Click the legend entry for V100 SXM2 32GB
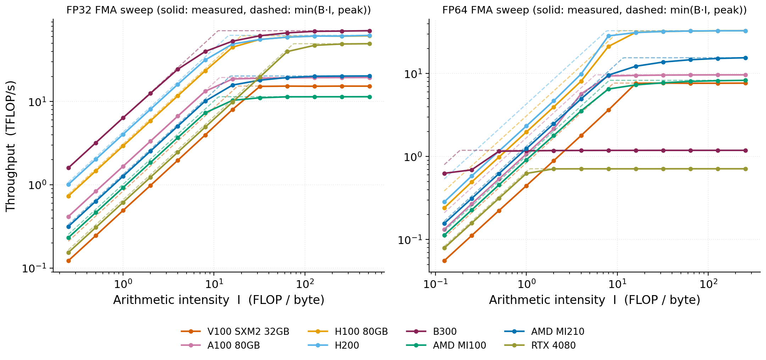pyautogui.click(x=235, y=332)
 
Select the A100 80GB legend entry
pyautogui.click(x=220, y=345)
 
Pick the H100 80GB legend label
pyautogui.click(x=361, y=332)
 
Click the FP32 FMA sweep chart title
pyautogui.click(x=218, y=10)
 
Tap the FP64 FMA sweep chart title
pyautogui.click(x=594, y=10)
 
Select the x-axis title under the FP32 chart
pyautogui.click(x=219, y=300)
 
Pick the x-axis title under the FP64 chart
pyautogui.click(x=595, y=300)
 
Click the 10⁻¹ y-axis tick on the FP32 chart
pyautogui.click(x=35, y=268)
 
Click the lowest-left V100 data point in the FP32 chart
pyautogui.click(x=68, y=261)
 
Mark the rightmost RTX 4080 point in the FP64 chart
pyautogui.click(x=745, y=169)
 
